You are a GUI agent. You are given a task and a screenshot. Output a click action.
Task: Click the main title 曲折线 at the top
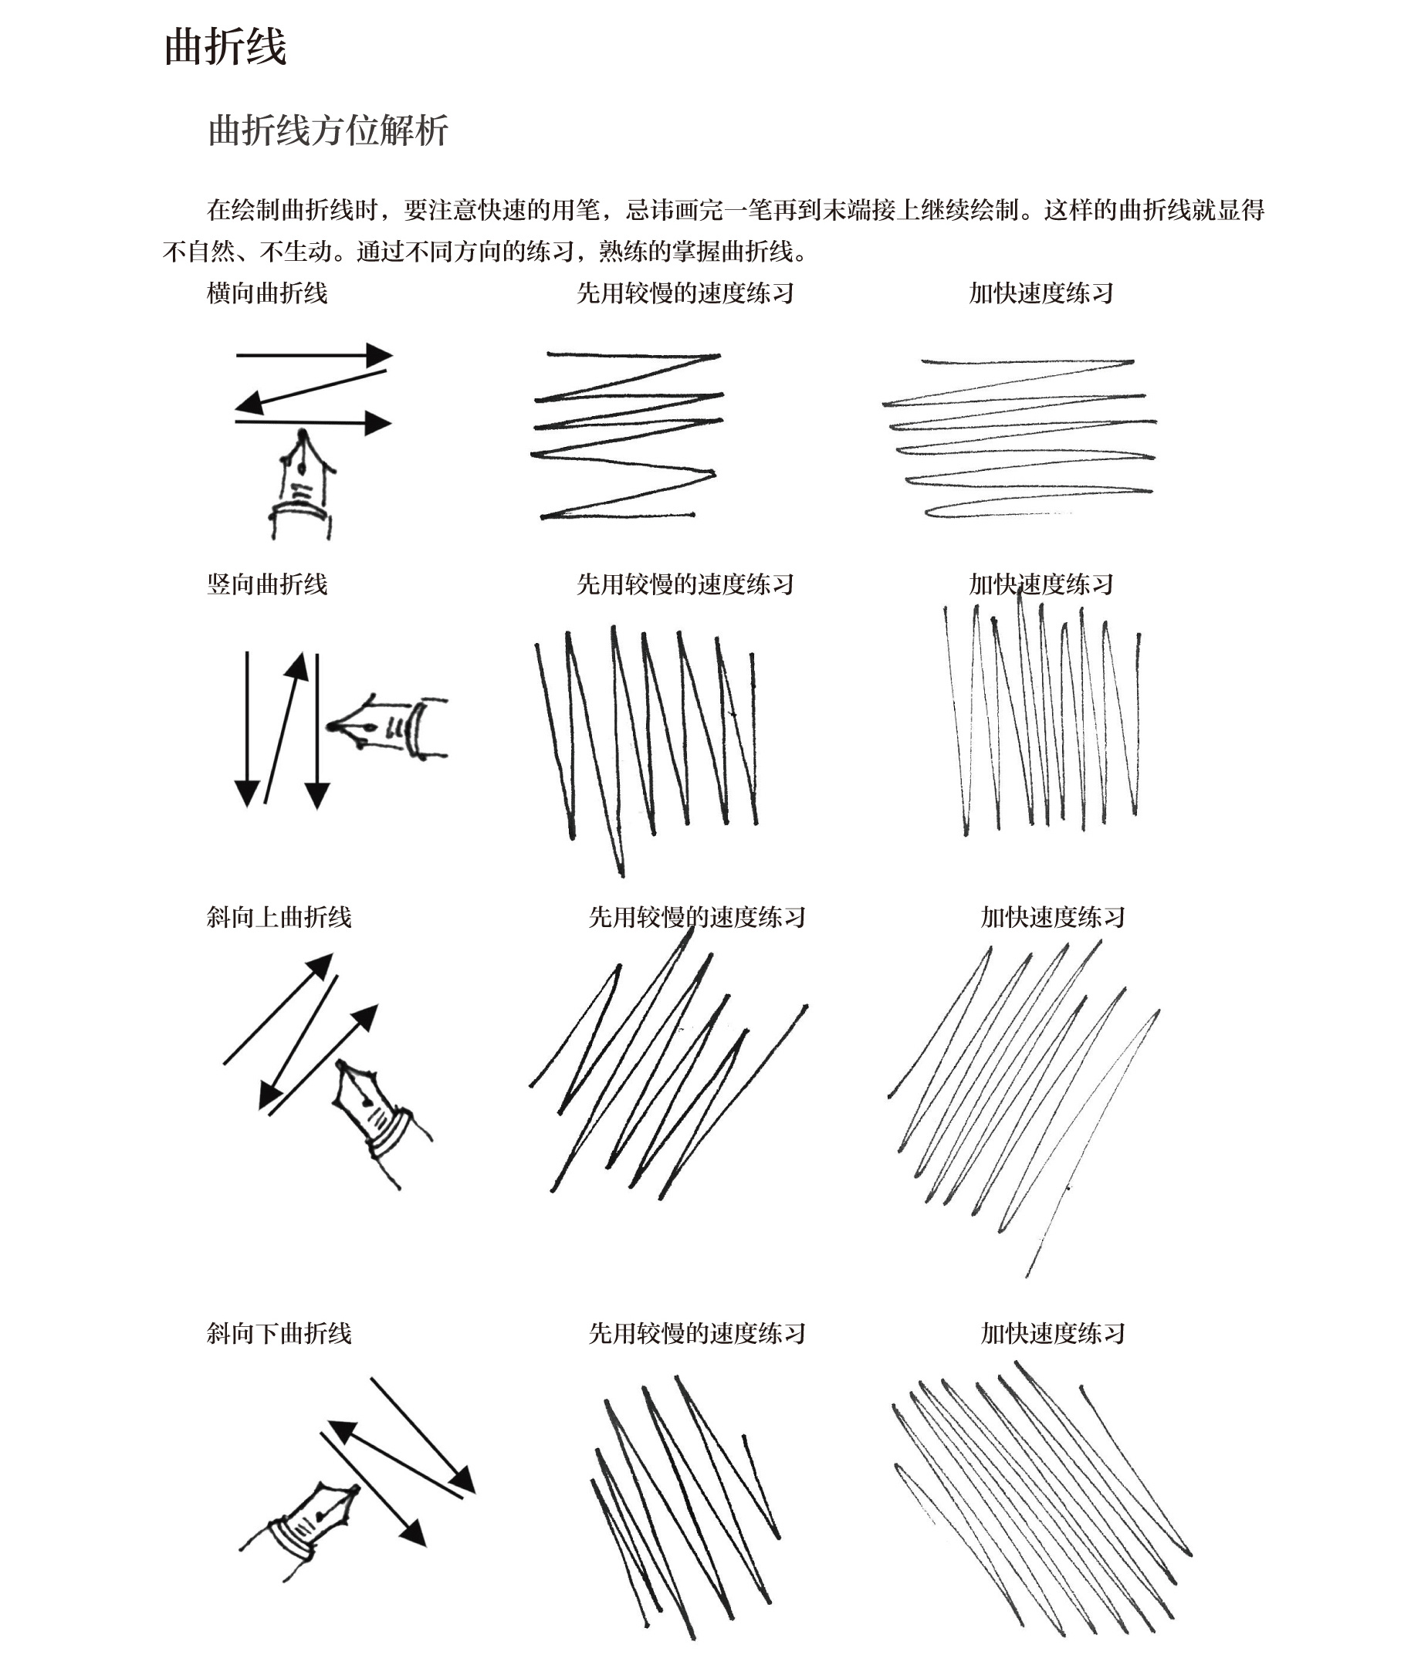pos(225,46)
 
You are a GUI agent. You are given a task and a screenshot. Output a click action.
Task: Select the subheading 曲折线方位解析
pos(327,130)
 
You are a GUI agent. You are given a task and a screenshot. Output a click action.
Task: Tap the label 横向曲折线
pos(267,293)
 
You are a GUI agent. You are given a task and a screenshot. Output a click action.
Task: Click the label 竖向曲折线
pos(267,584)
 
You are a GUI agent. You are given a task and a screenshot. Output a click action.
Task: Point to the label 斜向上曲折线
pos(279,917)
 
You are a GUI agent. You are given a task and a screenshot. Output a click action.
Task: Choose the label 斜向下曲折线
pos(279,1333)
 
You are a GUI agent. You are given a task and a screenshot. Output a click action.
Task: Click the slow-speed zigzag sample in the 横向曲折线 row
pos(627,435)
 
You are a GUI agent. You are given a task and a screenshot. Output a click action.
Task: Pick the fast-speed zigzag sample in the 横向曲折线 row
pos(1020,438)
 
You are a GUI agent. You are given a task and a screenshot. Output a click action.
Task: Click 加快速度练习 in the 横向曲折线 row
pos(1041,293)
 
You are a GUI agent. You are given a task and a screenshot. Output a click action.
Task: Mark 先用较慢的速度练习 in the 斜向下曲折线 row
pos(696,1333)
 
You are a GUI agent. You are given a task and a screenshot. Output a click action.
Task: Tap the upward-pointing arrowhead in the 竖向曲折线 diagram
pos(297,667)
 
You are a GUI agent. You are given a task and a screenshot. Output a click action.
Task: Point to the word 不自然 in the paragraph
pos(199,252)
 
